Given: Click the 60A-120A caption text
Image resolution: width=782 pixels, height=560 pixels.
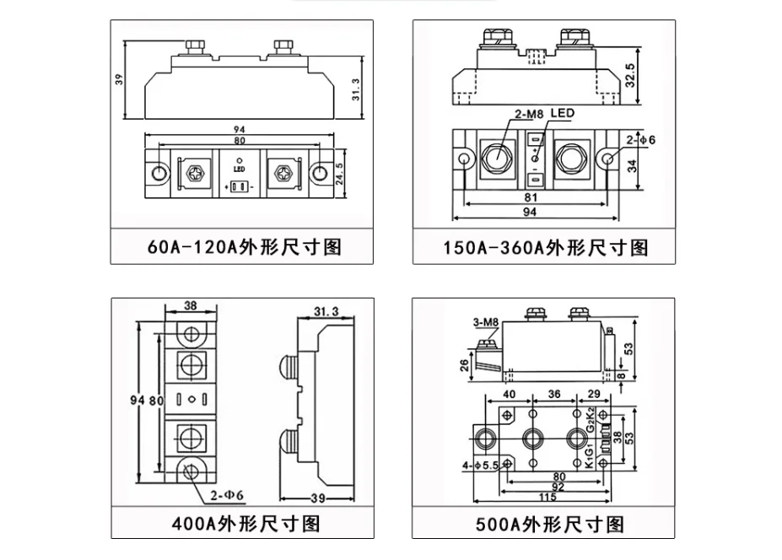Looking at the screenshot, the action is [245, 247].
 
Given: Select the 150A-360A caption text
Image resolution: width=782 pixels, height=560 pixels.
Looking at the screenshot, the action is [546, 247].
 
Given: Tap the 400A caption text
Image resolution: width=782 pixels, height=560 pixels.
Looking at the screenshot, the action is [245, 524].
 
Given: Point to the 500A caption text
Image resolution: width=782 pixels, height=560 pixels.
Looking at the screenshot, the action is [550, 524].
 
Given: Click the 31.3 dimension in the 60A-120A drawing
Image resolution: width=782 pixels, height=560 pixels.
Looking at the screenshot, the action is [356, 89].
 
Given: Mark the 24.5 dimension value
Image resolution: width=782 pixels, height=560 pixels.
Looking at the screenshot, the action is [340, 174].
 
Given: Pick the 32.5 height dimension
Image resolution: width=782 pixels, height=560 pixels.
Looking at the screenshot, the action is [630, 75].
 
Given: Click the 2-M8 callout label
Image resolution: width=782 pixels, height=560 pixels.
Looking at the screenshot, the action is [529, 114].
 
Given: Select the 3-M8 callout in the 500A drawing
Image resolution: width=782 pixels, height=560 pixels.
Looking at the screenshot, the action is [486, 323].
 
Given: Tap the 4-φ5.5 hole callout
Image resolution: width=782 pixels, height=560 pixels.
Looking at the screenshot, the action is [480, 466].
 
